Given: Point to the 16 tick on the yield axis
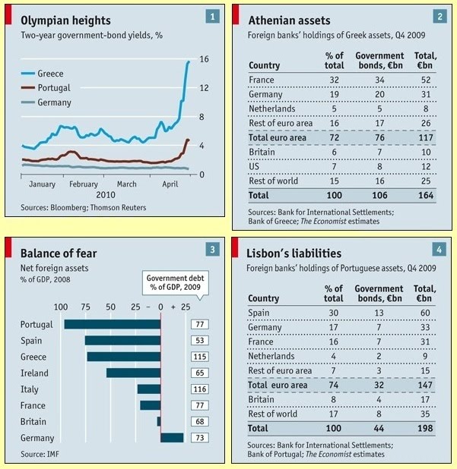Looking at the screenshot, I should (x=204, y=59).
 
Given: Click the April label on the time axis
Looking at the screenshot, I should (x=170, y=184).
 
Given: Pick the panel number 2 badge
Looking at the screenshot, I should (x=440, y=16).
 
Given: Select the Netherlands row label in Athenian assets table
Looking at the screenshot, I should (x=272, y=109).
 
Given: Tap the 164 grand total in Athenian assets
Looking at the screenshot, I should (x=422, y=195).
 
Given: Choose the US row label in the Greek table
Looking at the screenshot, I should (x=255, y=166).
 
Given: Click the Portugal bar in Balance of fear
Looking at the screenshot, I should (x=112, y=324).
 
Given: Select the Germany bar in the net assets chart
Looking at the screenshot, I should (x=172, y=437).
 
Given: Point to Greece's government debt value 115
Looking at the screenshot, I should (x=202, y=357).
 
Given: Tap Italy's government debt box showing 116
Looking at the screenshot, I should (x=202, y=389).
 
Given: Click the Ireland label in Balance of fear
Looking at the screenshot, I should (x=34, y=373).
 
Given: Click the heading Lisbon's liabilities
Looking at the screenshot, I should (x=294, y=253).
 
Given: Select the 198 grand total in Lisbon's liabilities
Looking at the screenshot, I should (x=422, y=428).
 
